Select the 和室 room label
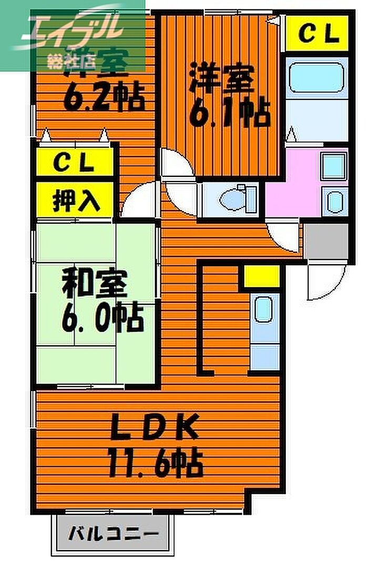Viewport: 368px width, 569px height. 95,285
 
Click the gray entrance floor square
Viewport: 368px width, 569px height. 326,241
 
